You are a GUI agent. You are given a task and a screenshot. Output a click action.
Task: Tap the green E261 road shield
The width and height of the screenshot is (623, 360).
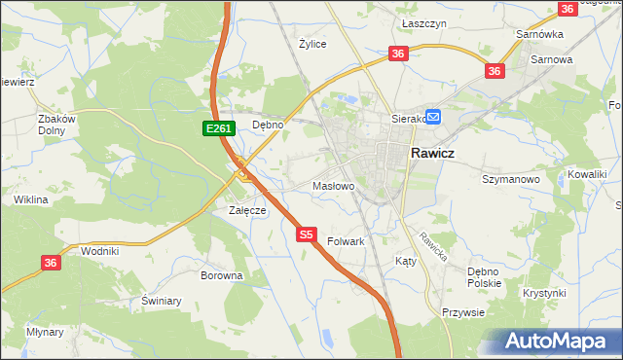[218, 127]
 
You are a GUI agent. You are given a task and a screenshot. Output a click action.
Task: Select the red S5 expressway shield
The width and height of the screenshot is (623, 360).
[307, 234]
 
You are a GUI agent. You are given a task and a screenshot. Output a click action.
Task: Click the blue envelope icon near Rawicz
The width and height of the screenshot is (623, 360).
[433, 118]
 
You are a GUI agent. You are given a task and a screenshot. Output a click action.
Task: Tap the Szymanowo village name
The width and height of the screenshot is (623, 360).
[511, 179]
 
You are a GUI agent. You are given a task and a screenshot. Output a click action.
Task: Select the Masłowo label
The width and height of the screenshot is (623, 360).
[332, 185]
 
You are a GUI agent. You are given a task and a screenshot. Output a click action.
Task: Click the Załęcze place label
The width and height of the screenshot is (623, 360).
[247, 210]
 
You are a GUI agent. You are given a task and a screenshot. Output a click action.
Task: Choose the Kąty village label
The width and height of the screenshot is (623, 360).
[406, 261]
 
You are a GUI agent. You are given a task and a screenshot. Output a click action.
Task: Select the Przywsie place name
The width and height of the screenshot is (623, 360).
[463, 312]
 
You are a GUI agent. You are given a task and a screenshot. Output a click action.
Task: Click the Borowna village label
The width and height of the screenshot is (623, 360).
[221, 275]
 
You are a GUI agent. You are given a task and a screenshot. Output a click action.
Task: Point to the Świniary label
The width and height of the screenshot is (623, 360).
[162, 301]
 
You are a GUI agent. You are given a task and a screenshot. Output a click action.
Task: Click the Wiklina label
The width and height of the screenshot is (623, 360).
[31, 199]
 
